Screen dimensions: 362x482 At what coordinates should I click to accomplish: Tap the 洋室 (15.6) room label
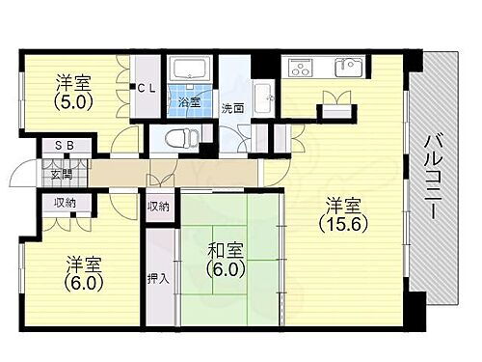tap(343, 213)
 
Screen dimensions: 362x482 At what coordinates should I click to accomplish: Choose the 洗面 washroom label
tap(231, 108)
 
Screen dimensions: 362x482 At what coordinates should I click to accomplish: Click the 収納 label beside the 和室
tap(158, 207)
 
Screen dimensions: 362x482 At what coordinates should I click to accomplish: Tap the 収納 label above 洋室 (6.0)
tap(65, 204)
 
